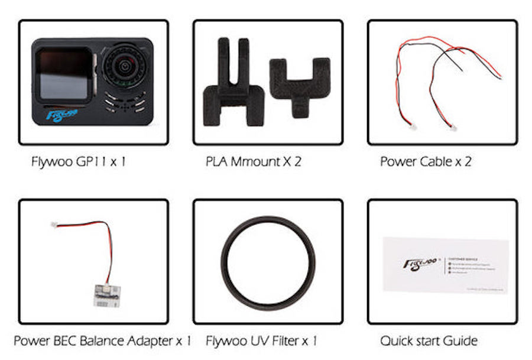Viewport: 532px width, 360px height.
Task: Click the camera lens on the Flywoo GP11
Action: (x=125, y=67)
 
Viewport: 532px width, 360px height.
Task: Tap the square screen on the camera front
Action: (x=63, y=74)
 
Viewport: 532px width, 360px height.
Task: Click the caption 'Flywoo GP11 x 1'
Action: (x=79, y=161)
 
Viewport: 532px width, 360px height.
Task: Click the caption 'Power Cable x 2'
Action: (x=426, y=161)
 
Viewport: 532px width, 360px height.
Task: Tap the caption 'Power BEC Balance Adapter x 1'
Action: (x=102, y=341)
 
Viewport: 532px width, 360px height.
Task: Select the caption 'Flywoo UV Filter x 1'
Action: (x=261, y=341)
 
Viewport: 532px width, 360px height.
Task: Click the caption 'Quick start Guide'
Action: (x=429, y=341)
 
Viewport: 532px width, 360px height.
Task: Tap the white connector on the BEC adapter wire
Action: (x=54, y=225)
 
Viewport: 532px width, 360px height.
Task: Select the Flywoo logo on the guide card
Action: (x=420, y=262)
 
